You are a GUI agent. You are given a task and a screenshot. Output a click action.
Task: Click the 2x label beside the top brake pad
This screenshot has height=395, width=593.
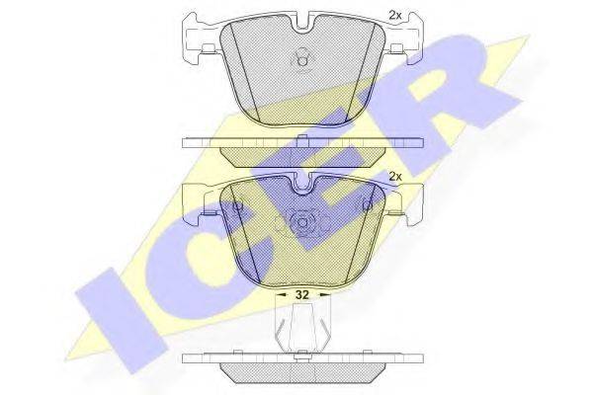coord(395,15)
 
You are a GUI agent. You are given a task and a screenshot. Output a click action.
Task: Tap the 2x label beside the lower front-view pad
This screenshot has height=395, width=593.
coord(395,177)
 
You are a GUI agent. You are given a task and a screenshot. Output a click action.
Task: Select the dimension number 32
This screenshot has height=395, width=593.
coord(301,294)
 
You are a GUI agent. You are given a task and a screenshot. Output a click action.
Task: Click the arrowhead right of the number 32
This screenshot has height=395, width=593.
coord(324,294)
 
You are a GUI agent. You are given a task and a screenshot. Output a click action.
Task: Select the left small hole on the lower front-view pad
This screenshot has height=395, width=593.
coord(237,206)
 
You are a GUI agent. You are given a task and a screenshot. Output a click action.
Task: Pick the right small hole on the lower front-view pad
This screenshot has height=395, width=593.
coord(367,206)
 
